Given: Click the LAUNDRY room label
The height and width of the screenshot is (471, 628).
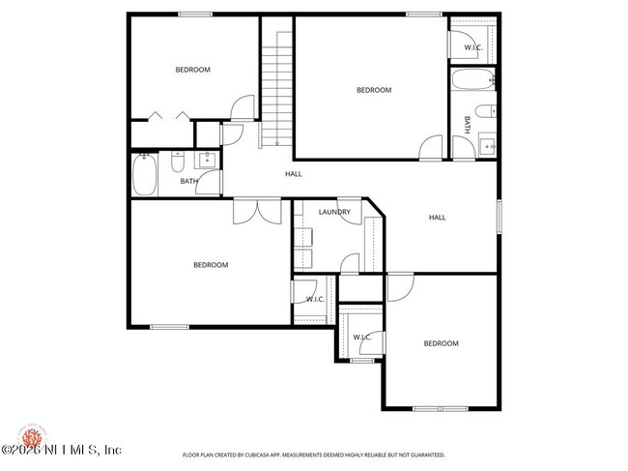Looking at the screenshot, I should coord(333,212).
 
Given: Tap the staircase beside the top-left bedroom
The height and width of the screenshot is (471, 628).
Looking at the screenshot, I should coord(277,87).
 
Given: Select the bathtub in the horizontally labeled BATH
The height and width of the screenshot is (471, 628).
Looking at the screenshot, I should coord(144,174).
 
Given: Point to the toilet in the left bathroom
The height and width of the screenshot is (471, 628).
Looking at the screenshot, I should coord(178,161).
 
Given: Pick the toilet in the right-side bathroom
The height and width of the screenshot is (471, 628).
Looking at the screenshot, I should coord(485,112).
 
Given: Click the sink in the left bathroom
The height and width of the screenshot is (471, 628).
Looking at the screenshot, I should coord(207,162).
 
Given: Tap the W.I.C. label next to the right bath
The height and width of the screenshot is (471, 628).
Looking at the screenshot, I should coord(472,47).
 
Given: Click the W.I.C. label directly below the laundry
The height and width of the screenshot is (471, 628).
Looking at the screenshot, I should coord(315,299).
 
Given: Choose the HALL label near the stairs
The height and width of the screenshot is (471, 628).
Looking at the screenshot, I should coord(293,174).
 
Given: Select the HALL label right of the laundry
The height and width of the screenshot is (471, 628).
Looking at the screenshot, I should coord(437,218).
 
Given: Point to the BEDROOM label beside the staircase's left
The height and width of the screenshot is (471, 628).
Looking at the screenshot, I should coord(192,70).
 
